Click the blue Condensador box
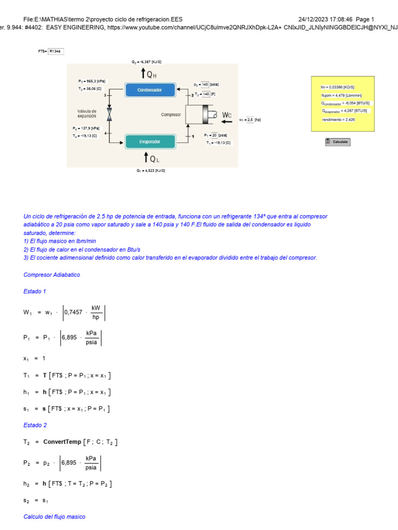pos(149,90)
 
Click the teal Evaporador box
pos(149,141)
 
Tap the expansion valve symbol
pos(109,114)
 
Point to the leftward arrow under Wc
pos(226,122)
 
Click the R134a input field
pos(55,51)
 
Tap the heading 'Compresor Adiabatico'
pos(52,275)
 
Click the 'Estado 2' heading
pos(35,425)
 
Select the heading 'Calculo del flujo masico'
pos(54,517)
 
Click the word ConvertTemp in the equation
pos(62,442)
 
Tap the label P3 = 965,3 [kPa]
pos(92,81)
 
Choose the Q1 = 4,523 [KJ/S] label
pos(151,170)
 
